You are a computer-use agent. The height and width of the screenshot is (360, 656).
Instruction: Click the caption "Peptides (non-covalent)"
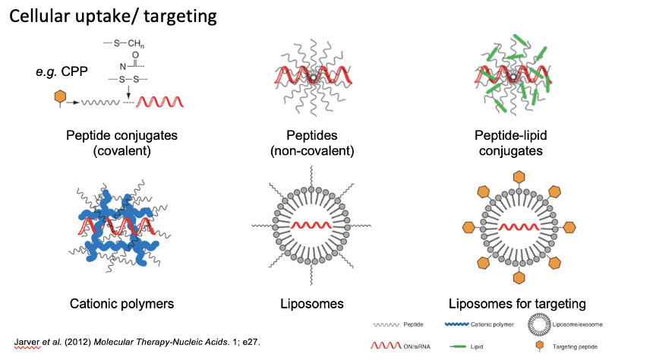coord(312,143)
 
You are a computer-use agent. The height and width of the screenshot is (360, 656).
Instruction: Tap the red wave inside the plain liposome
coord(312,226)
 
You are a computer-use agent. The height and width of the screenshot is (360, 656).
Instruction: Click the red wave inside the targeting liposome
coord(518,226)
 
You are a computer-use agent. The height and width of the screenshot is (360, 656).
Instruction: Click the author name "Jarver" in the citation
coord(28,339)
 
